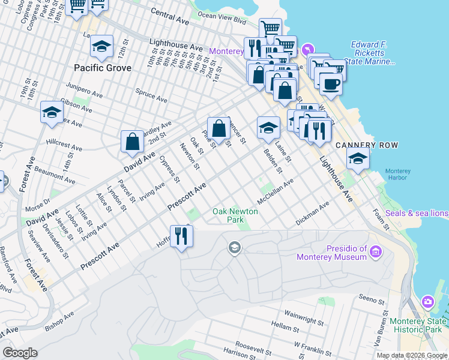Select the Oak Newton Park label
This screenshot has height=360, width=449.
pos(235,215)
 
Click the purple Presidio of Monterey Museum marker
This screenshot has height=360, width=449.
pos(376,251)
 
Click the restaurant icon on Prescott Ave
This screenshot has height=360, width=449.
pos(181,236)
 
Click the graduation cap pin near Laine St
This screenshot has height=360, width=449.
pos(268,128)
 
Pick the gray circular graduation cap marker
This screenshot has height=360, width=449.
pos(234,247)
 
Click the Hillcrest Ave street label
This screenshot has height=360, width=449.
pos(64,146)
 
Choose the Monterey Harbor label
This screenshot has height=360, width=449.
pos(398,174)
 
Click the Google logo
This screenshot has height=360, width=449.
pos(20,353)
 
